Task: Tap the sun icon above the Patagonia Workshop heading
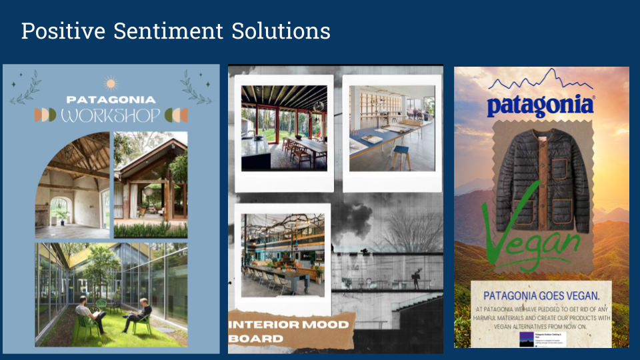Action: (111, 83)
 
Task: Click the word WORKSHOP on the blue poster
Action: (111, 115)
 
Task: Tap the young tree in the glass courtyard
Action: (100, 267)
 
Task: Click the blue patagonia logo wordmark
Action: (540, 106)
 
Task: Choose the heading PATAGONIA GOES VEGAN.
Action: (541, 295)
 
